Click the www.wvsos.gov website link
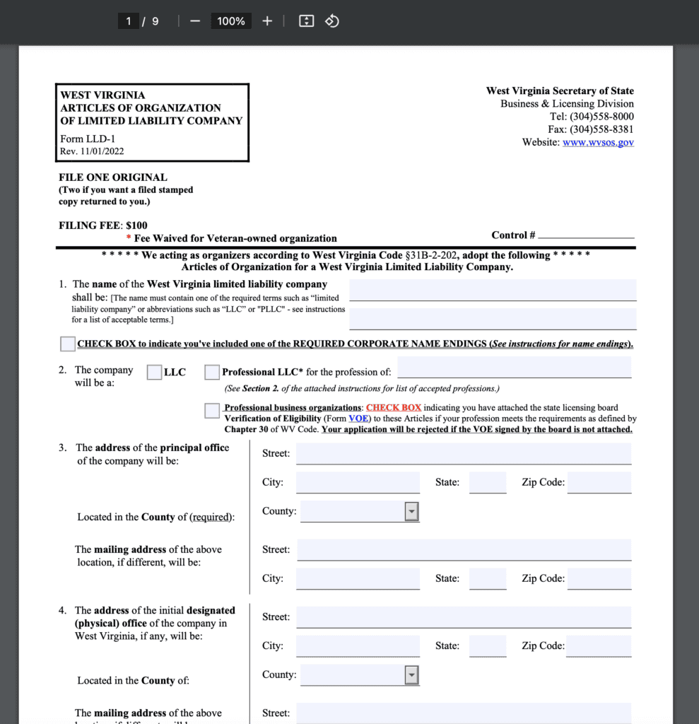click(598, 142)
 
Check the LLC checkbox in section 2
click(154, 372)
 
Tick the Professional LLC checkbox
click(212, 372)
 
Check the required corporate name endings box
click(68, 344)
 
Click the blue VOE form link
click(358, 419)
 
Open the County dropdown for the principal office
click(411, 512)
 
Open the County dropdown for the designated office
click(411, 675)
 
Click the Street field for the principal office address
click(464, 453)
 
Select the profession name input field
click(515, 368)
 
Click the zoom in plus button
click(267, 21)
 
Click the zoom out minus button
click(196, 21)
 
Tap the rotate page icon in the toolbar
click(332, 21)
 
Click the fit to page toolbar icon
click(306, 21)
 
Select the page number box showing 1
click(129, 21)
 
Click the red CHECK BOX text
click(394, 408)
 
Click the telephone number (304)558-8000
click(601, 117)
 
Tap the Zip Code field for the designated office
click(599, 646)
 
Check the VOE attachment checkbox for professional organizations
click(212, 411)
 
